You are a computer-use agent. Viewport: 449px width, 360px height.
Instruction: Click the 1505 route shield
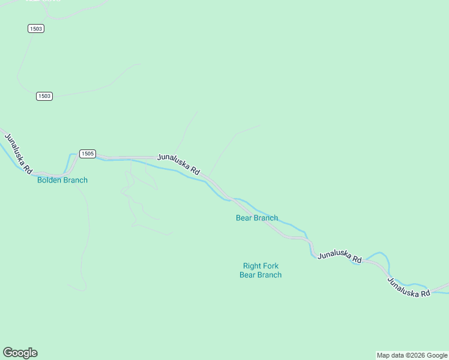point(88,154)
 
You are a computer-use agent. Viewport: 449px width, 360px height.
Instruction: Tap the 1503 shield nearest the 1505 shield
point(44,96)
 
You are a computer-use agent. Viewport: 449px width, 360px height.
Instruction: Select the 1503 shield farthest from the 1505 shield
point(36,29)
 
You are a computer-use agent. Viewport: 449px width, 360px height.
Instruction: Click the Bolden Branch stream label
point(62,180)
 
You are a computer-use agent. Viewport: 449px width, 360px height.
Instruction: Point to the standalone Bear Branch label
point(257,218)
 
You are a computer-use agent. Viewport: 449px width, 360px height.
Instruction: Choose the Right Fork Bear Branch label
point(261,271)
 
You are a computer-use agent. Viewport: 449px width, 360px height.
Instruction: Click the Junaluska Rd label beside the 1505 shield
point(178,164)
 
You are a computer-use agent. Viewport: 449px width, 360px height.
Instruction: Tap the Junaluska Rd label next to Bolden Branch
point(18,153)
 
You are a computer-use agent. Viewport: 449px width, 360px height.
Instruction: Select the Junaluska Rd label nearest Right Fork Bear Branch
point(340,256)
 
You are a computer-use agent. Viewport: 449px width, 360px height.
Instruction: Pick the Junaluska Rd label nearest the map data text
point(409,287)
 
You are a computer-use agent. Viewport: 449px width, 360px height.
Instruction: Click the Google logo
point(20,353)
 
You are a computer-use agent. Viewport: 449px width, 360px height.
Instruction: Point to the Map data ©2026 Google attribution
point(412,355)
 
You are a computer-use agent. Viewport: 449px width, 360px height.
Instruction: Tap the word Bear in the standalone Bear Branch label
point(244,218)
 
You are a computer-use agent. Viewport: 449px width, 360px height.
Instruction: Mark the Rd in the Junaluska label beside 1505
point(195,171)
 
